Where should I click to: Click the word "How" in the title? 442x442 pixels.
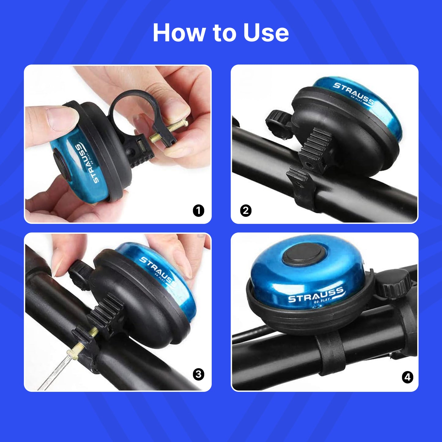[x=179, y=32]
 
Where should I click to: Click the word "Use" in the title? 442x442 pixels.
[x=266, y=32]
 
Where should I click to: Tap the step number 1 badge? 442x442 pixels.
[x=199, y=210]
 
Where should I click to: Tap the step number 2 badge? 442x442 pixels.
[x=246, y=210]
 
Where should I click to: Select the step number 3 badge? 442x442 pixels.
[x=199, y=375]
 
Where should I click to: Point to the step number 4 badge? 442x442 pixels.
[x=408, y=377]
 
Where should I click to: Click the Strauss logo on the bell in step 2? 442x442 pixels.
[x=354, y=93]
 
